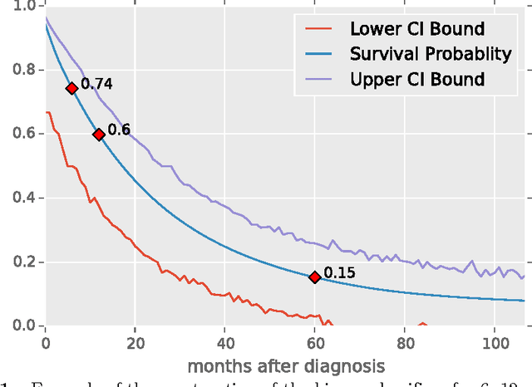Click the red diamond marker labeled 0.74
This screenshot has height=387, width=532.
pos(71,88)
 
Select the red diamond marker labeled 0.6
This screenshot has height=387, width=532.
pos(98,134)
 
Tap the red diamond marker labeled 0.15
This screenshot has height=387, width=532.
pos(314,277)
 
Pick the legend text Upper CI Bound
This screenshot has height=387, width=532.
pos(417,80)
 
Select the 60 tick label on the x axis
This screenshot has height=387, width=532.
pos(314,340)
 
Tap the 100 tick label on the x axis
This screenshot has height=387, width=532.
pos(494,340)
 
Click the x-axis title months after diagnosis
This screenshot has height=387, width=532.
pos(286,365)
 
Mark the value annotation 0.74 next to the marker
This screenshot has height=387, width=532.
pos(96,84)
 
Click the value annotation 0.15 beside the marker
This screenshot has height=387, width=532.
pos(338,272)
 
